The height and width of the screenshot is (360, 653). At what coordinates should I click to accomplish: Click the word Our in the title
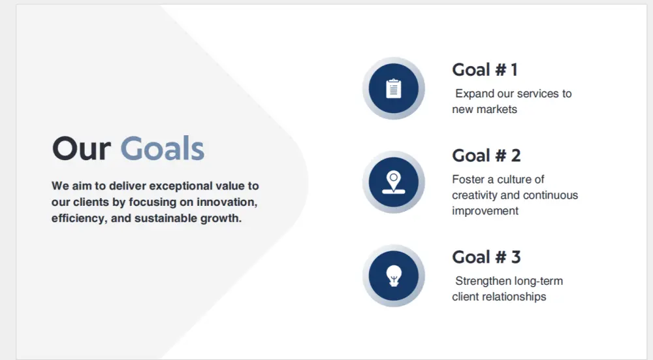82,149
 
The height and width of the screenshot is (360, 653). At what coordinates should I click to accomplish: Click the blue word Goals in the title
163,149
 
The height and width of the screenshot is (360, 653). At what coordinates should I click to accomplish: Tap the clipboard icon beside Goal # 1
394,88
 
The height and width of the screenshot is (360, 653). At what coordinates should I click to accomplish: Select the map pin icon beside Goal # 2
394,182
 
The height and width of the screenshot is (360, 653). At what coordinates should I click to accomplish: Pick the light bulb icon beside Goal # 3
394,276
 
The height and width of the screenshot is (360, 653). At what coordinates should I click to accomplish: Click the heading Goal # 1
485,70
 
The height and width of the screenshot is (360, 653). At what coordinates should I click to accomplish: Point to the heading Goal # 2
486,155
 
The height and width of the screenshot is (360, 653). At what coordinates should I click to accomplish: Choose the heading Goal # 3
486,257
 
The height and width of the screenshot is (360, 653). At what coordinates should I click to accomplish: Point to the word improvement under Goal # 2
485,211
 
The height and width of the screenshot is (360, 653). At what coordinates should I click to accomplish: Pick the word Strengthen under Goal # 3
483,281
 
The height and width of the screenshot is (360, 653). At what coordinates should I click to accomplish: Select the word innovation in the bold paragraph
227,202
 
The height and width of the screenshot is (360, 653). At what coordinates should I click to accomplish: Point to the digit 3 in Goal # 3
516,257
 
